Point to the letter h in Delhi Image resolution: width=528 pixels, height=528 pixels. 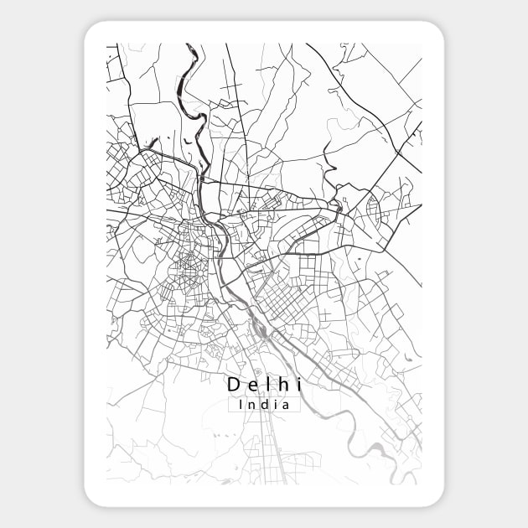[281, 385]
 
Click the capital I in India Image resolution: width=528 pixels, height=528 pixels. [241, 404]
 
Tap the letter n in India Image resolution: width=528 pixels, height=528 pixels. [251, 405]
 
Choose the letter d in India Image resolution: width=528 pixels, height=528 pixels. [263, 404]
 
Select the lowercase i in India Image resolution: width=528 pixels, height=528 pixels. [275, 404]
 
